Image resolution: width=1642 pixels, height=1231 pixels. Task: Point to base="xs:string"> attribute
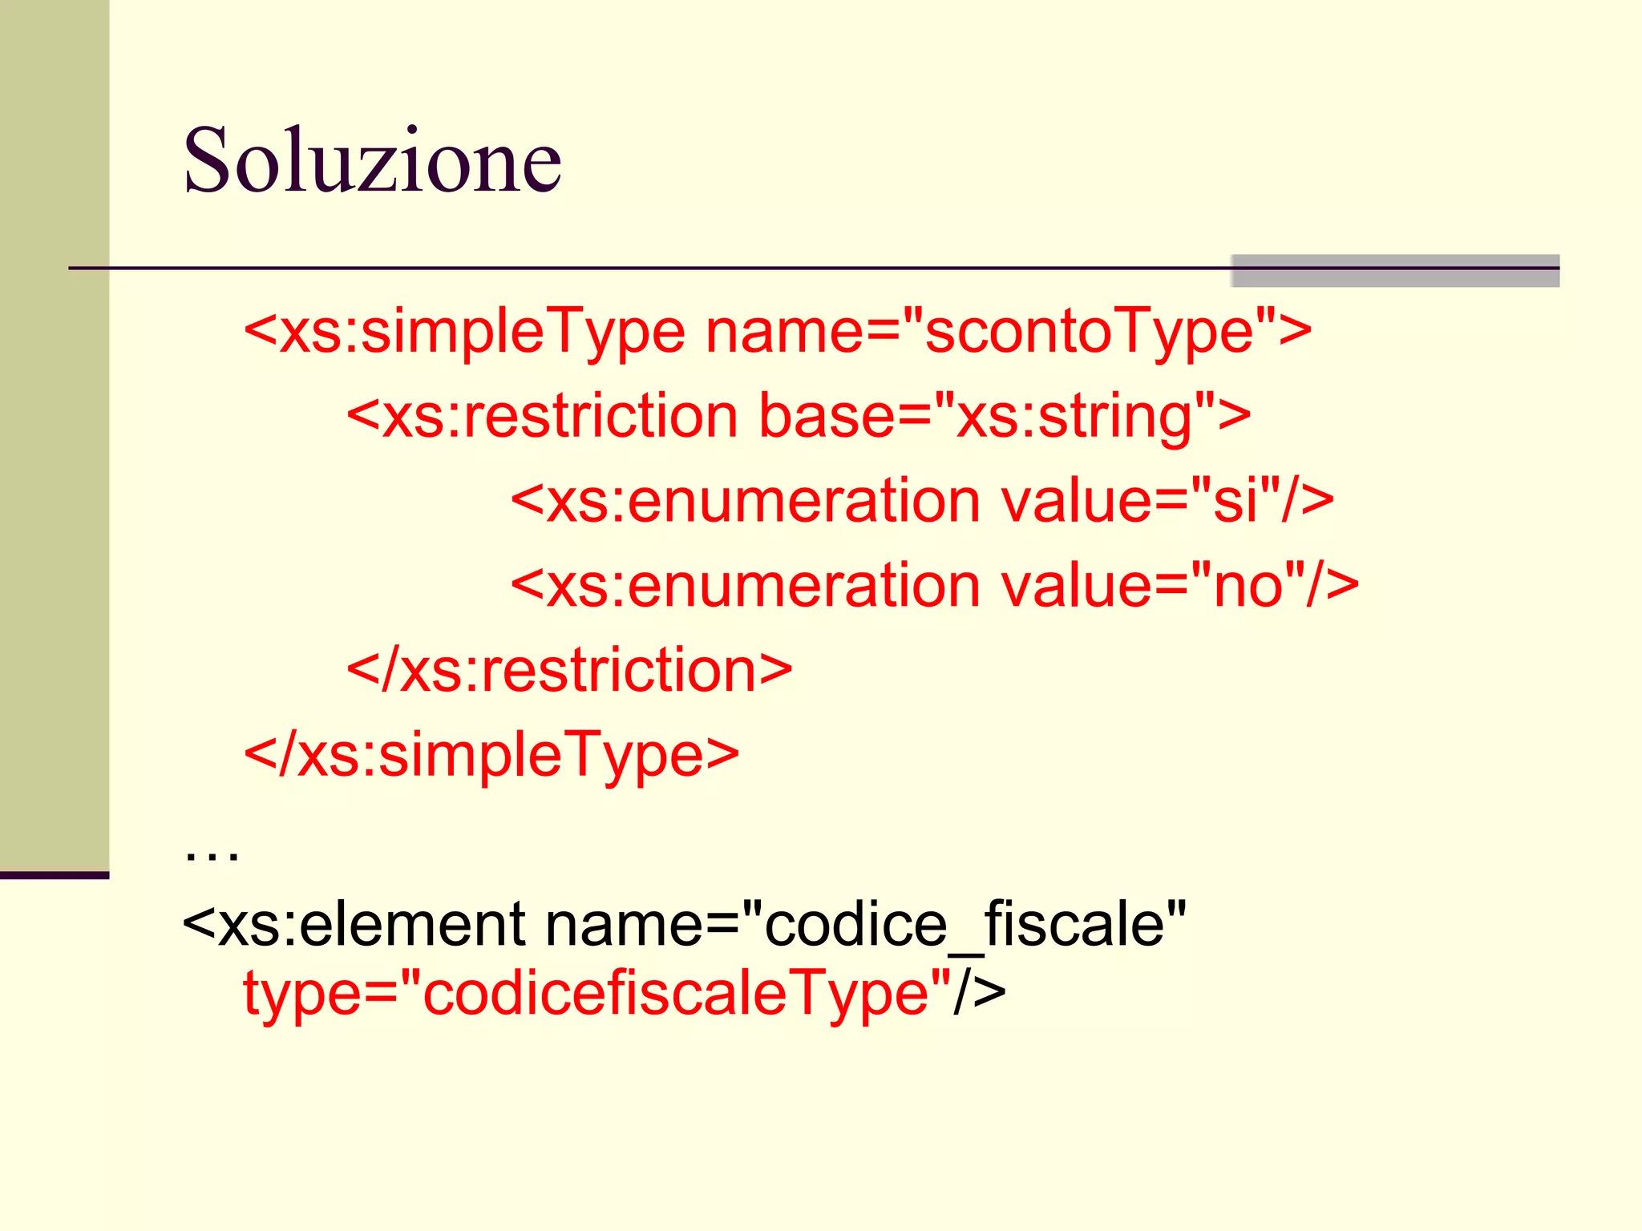[x=1005, y=416]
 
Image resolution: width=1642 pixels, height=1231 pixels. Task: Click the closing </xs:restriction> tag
[x=569, y=670]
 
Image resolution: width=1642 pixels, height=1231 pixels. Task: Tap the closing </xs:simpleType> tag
[x=491, y=755]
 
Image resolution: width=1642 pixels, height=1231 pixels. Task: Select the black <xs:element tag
[x=354, y=925]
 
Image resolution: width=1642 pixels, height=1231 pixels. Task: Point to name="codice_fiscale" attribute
[x=865, y=925]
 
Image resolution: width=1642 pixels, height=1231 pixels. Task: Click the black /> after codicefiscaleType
[x=980, y=993]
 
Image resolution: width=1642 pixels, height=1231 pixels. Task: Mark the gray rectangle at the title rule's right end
[x=1394, y=271]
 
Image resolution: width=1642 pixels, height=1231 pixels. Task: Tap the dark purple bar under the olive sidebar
[x=54, y=875]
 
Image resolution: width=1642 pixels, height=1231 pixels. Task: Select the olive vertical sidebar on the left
[x=54, y=433]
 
